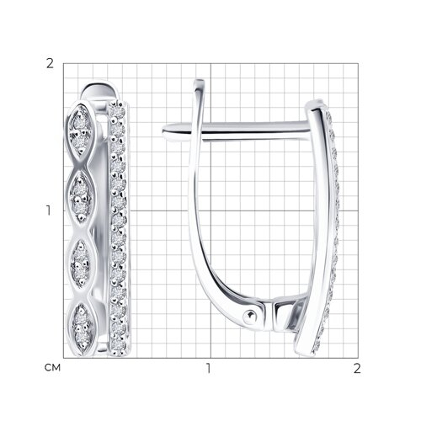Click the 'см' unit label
(52, 368)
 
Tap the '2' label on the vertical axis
(50, 64)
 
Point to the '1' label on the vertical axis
(49, 210)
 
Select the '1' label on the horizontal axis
(208, 368)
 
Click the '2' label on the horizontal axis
(357, 368)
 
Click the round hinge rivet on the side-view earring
(249, 317)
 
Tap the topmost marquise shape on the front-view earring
(81, 130)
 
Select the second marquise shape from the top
(81, 196)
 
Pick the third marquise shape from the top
(81, 263)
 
